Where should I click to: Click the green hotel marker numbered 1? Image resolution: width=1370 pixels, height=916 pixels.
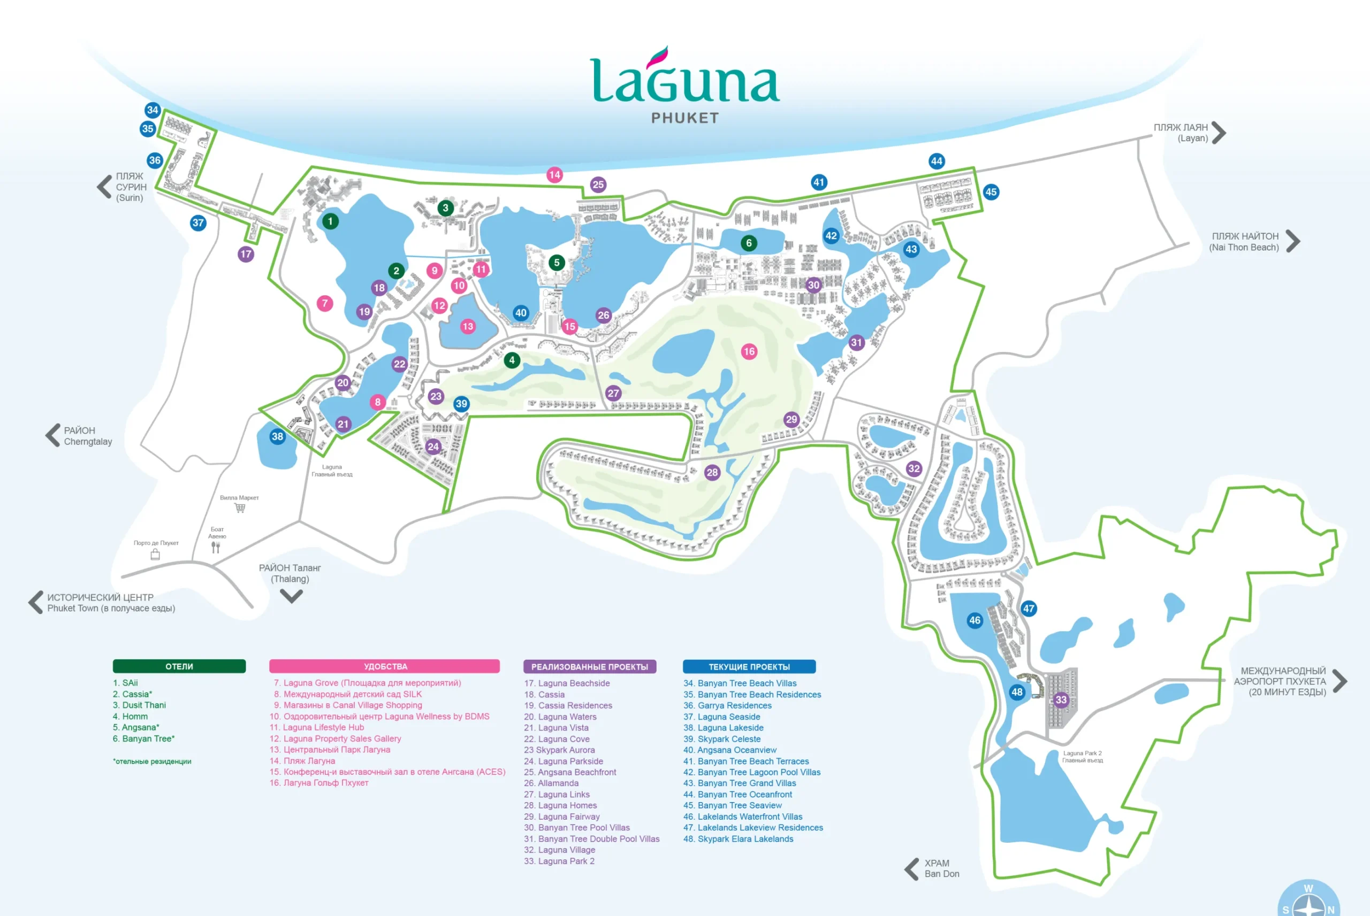pyautogui.click(x=330, y=221)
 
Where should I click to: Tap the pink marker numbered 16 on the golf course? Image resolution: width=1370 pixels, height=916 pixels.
pyautogui.click(x=749, y=351)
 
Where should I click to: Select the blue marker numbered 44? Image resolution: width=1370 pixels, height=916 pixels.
pyautogui.click(x=937, y=161)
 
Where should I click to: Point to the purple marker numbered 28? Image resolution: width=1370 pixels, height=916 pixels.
pyautogui.click(x=712, y=473)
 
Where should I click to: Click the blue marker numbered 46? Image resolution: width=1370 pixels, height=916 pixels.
pyautogui.click(x=975, y=620)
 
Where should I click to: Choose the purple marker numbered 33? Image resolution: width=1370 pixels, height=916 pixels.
pyautogui.click(x=1061, y=700)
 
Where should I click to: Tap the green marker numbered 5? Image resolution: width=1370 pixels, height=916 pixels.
pyautogui.click(x=557, y=263)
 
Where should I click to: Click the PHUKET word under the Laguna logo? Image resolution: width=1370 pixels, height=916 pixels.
pyautogui.click(x=685, y=118)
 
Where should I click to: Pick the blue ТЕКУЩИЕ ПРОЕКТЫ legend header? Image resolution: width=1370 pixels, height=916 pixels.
pyautogui.click(x=749, y=667)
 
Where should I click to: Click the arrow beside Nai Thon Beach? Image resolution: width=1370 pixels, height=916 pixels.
pyautogui.click(x=1294, y=241)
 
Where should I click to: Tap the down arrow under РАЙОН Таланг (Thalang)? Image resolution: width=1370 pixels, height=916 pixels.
pyautogui.click(x=291, y=596)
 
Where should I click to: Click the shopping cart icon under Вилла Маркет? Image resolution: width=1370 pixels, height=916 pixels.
pyautogui.click(x=240, y=507)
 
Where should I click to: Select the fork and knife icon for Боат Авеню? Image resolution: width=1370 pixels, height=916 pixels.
pyautogui.click(x=216, y=548)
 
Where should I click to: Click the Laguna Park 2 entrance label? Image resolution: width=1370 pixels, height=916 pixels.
pyautogui.click(x=1082, y=757)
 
